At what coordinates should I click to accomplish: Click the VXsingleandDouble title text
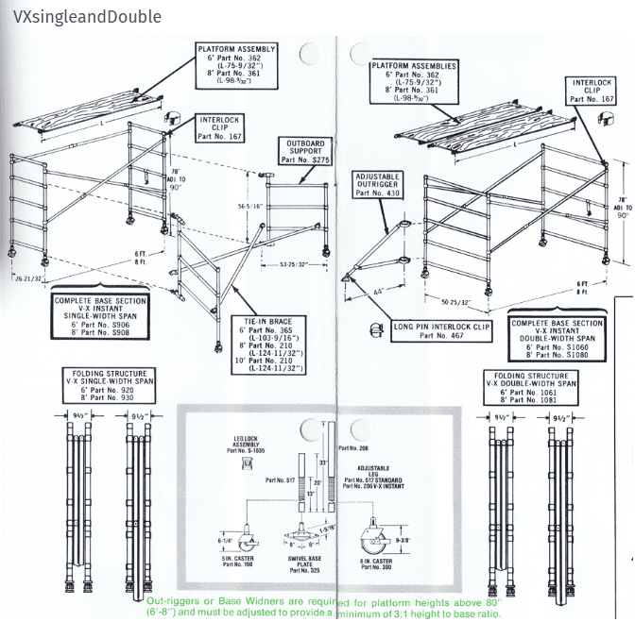click(82, 17)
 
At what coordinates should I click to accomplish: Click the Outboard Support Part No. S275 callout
click(305, 152)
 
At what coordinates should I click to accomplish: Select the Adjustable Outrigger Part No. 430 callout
click(378, 184)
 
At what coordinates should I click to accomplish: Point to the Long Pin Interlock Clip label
click(440, 329)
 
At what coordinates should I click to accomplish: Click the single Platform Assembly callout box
click(236, 64)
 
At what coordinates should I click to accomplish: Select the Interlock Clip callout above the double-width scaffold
click(592, 91)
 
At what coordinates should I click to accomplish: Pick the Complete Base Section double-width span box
click(558, 338)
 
